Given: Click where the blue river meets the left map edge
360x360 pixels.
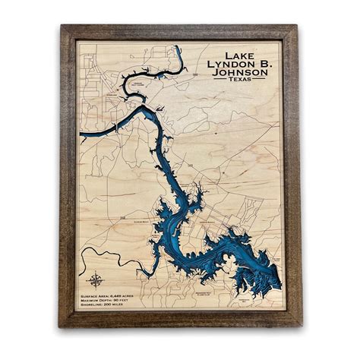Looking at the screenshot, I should (x=81, y=137).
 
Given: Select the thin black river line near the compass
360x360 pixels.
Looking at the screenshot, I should (x=114, y=258).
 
